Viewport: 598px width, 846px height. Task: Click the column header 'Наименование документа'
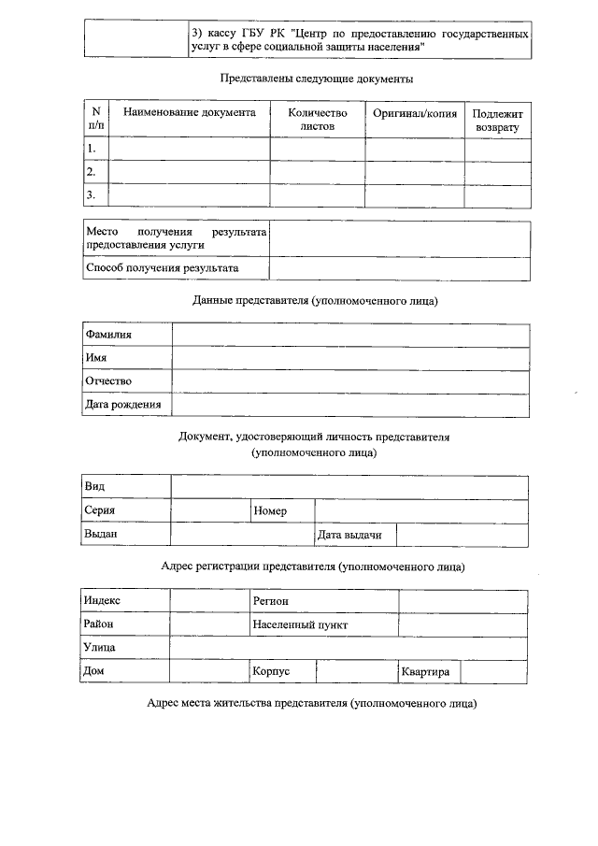(190, 113)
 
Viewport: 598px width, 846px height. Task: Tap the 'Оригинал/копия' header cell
(415, 113)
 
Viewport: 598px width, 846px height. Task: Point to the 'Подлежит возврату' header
(497, 119)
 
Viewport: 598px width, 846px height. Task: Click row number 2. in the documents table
(92, 172)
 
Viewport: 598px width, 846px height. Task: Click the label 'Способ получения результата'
(162, 268)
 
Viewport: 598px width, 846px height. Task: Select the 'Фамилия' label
(108, 334)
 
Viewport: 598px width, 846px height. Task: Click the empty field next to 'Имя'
(350, 358)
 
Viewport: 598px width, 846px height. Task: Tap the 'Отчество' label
(108, 381)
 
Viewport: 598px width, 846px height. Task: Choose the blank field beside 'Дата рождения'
(350, 405)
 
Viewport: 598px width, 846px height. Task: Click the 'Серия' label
(100, 511)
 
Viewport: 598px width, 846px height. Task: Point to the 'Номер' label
(270, 511)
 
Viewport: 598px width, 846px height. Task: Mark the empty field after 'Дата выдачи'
(463, 535)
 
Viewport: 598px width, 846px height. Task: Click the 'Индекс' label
(103, 600)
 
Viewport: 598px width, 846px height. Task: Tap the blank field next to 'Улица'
(348, 648)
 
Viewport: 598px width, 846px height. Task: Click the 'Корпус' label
(272, 672)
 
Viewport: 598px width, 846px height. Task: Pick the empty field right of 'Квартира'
(494, 672)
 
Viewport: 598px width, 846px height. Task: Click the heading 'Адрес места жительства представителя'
(311, 703)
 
